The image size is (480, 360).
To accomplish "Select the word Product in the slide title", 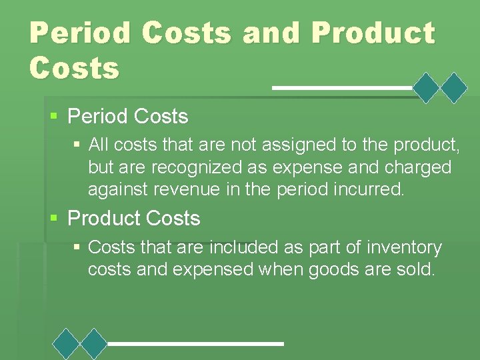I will tap(373, 33).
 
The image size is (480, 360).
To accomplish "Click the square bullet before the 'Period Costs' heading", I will tap(54, 116).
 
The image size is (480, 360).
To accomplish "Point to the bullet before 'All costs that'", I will tap(77, 143).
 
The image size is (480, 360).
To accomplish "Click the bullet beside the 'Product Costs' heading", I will tap(54, 218).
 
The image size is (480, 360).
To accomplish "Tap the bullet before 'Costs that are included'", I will tap(77, 247).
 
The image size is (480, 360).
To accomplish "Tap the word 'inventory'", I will tap(405, 247).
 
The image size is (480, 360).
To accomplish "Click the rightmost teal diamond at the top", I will tap(455, 87).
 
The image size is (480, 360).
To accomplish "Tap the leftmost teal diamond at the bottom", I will tap(67, 344).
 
